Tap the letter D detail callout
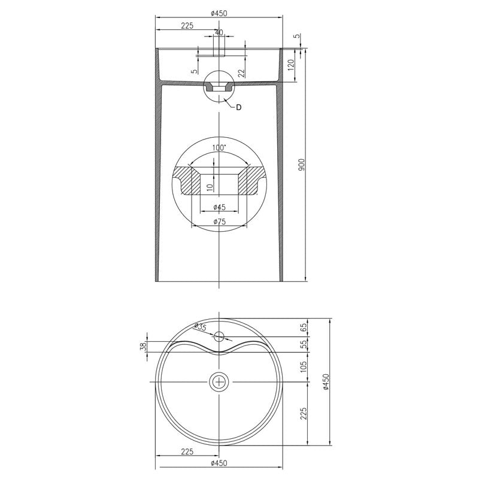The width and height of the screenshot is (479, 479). (238, 107)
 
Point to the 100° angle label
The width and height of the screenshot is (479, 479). (219, 147)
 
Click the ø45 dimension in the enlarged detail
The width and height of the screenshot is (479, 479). (219, 207)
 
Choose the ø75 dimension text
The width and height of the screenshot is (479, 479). (219, 222)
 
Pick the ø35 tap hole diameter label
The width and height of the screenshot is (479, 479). (200, 327)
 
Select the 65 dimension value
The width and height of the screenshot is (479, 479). (303, 327)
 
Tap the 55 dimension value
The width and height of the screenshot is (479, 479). (303, 344)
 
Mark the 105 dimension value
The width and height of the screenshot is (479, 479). (303, 365)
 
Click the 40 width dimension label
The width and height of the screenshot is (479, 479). (219, 32)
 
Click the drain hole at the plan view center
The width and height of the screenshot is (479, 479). (220, 381)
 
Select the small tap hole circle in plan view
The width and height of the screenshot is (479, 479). (220, 336)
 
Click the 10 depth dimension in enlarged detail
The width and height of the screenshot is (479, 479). (208, 187)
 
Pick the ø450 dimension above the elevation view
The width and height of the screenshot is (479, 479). (219, 13)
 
